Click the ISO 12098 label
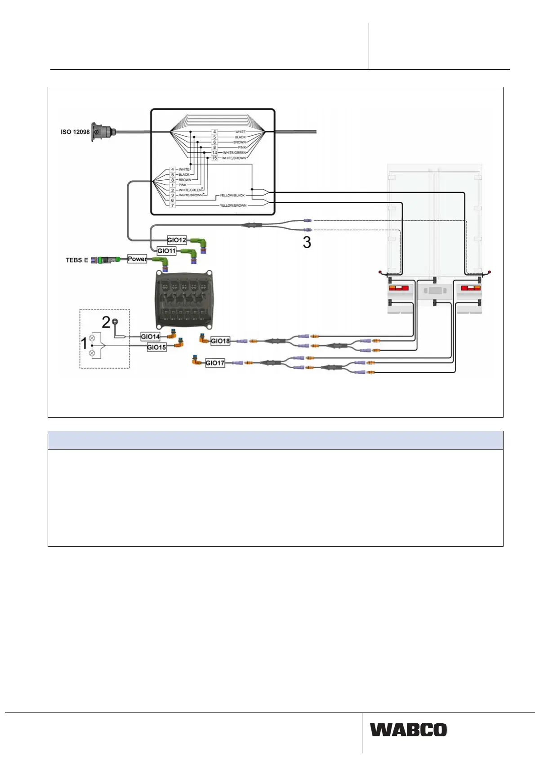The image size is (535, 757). [x=75, y=132]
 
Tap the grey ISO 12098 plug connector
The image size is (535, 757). [x=101, y=132]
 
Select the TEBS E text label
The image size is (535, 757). [x=77, y=260]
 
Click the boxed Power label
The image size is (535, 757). [x=137, y=259]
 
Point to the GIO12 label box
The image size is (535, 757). [x=177, y=240]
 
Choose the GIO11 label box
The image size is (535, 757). [x=166, y=251]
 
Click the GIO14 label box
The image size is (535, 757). [x=150, y=336]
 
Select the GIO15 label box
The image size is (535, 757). [x=156, y=347]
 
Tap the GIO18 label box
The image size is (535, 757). [x=220, y=341]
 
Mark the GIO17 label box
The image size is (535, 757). [x=215, y=363]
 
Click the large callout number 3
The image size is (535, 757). [x=307, y=242]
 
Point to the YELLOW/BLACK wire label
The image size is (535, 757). [x=232, y=196]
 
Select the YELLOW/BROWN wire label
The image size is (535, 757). [x=233, y=205]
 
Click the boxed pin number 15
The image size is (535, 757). [x=214, y=158]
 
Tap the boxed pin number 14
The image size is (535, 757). [x=214, y=153]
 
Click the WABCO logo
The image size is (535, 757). [x=409, y=730]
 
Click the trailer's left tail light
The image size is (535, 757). [x=398, y=288]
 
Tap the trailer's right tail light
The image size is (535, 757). [x=471, y=288]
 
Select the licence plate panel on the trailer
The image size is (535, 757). [x=435, y=290]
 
